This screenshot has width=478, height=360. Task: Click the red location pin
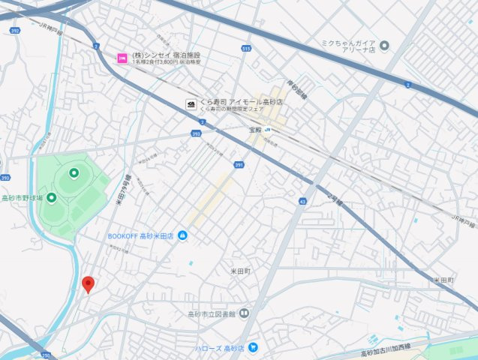(88, 284)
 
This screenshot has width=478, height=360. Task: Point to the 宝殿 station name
(257, 129)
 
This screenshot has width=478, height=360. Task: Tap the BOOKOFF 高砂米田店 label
(140, 236)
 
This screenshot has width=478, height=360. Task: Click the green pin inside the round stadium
(74, 173)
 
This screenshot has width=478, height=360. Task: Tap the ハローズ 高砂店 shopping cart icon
(254, 347)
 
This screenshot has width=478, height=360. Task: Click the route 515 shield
(247, 49)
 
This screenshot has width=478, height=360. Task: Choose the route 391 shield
(239, 165)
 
